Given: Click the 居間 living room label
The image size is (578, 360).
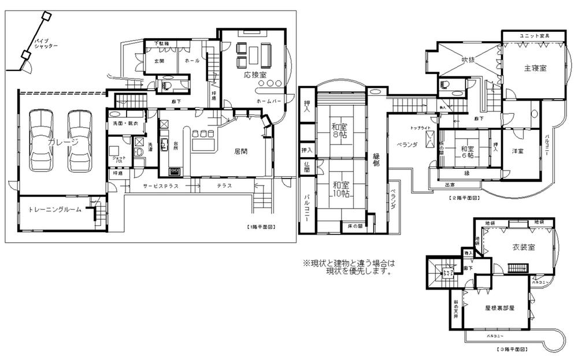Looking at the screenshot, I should coord(241,153).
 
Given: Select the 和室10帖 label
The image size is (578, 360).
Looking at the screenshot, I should coord(340,190).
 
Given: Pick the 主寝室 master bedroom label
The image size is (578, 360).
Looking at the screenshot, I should coord(535,68).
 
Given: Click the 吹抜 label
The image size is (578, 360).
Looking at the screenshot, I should coord(468,59).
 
